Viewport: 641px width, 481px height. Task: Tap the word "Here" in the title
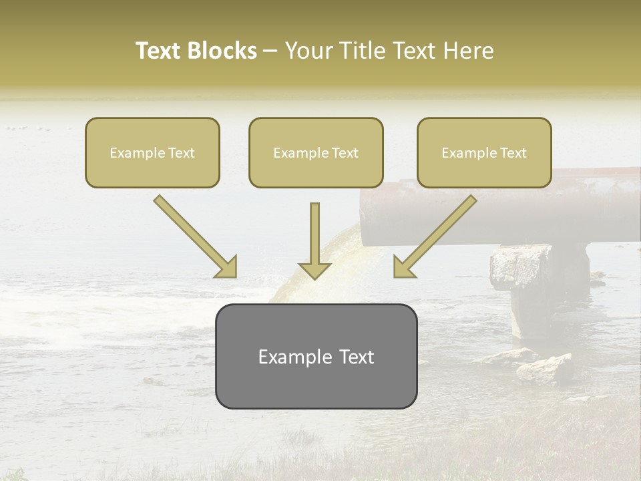click(469, 51)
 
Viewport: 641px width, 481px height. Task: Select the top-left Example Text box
click(152, 152)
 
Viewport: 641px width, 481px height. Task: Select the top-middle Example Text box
click(316, 152)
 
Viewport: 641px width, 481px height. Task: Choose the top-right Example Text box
click(484, 152)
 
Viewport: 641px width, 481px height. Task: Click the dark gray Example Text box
click(316, 356)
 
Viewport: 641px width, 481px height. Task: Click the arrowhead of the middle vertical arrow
click(314, 270)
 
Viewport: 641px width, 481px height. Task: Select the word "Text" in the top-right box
click(513, 153)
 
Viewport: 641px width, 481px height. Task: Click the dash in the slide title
click(270, 51)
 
